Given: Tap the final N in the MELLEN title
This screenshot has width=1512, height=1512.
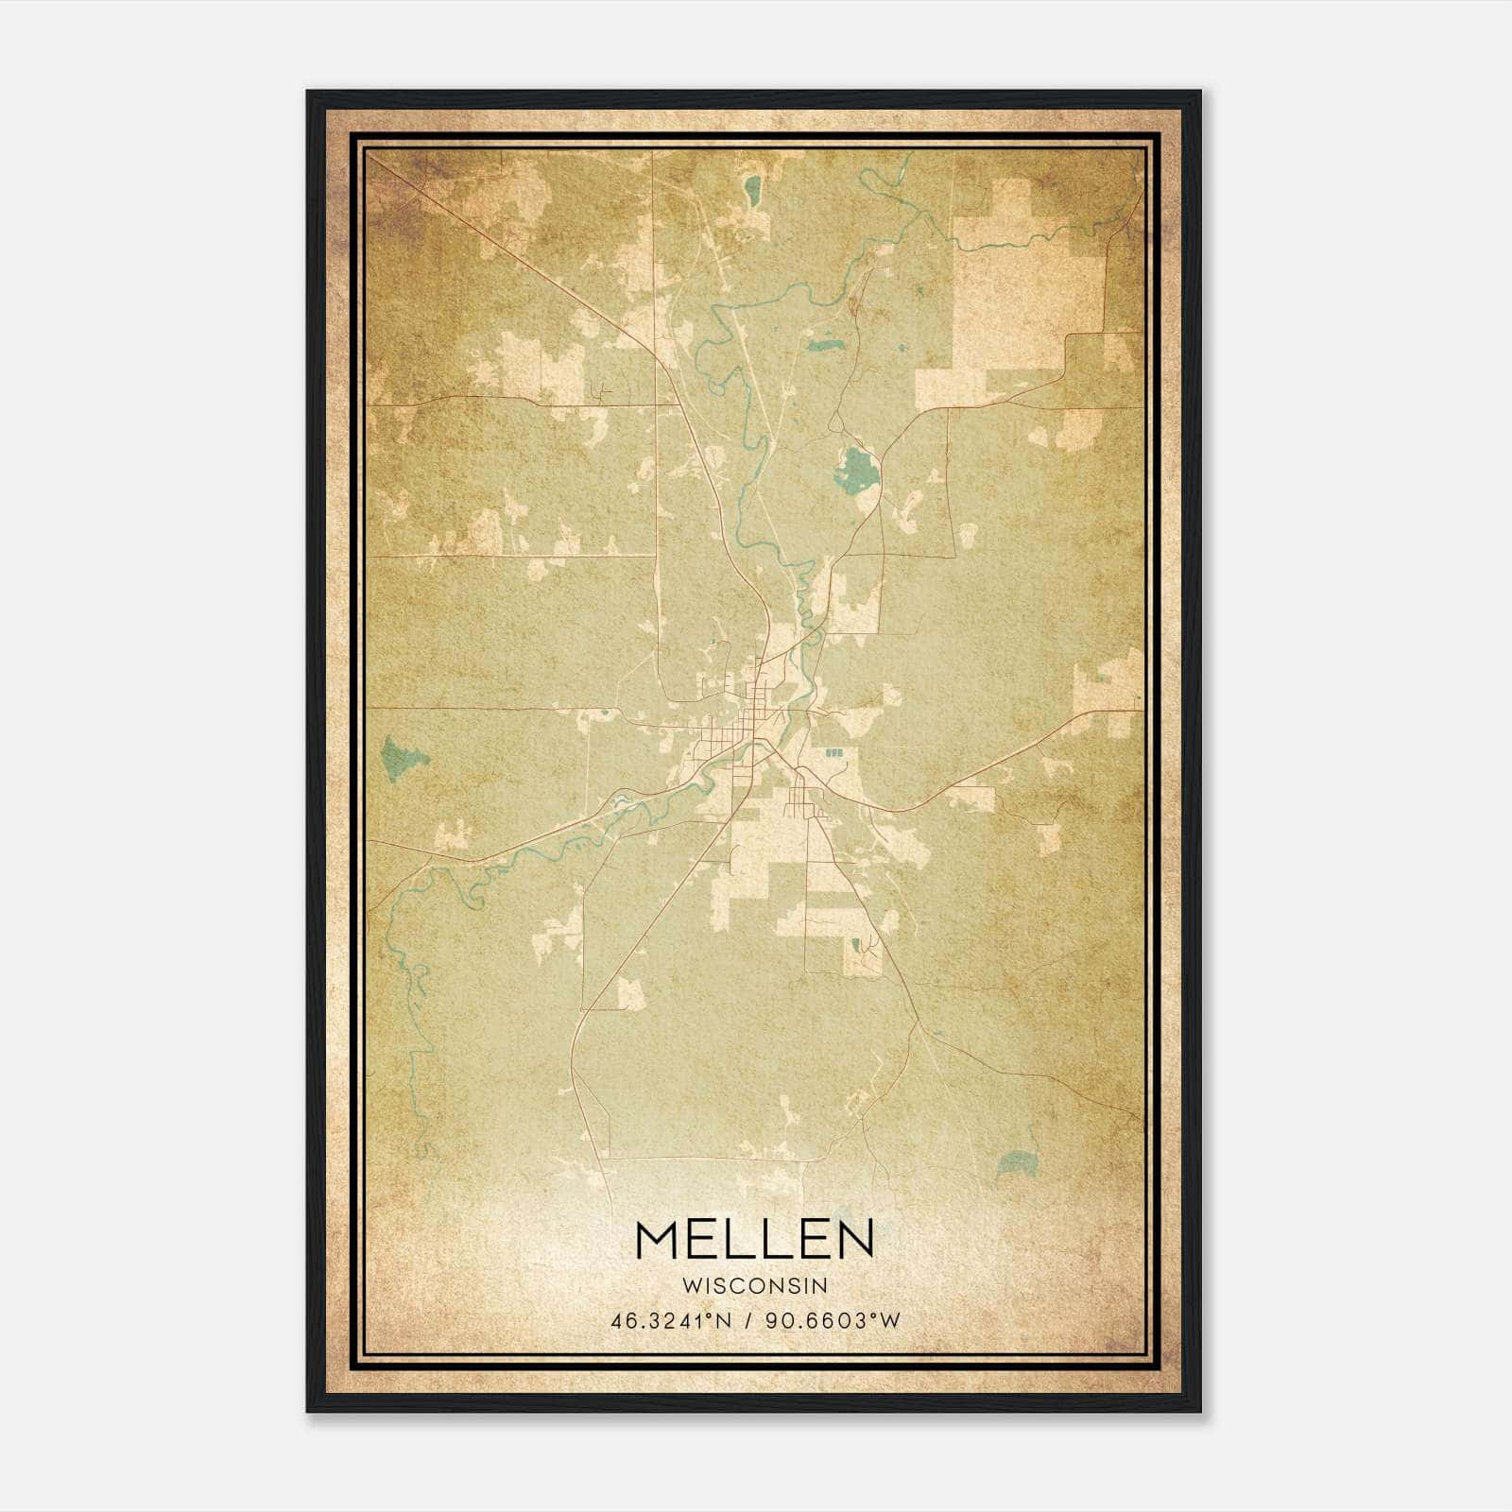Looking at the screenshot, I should [x=851, y=1241].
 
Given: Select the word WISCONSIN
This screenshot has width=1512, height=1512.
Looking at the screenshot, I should [x=754, y=1286].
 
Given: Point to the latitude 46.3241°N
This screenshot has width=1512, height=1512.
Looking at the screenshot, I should [x=672, y=1322].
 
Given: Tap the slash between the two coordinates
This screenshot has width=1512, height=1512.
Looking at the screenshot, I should [x=749, y=1322].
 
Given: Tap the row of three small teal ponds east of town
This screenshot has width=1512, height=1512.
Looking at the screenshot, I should [x=833, y=753].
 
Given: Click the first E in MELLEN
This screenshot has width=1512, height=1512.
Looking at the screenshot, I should [x=708, y=1241].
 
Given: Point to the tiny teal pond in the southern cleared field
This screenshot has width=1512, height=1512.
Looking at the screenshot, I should [x=856, y=944].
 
